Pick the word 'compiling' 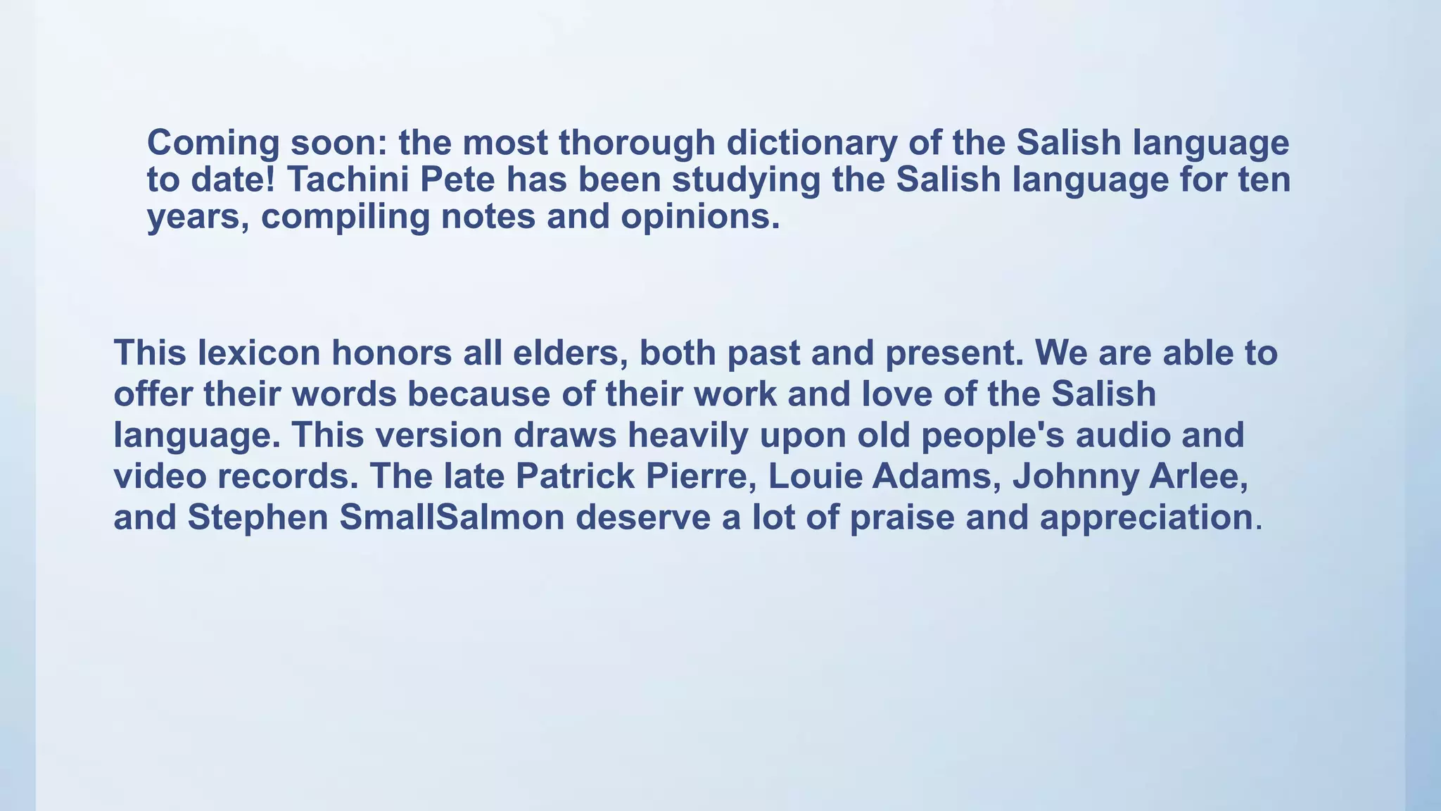(x=345, y=216)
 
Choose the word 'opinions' (x=700, y=216)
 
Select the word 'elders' (x=570, y=353)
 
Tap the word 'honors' (x=391, y=353)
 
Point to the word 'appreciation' (x=1146, y=517)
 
